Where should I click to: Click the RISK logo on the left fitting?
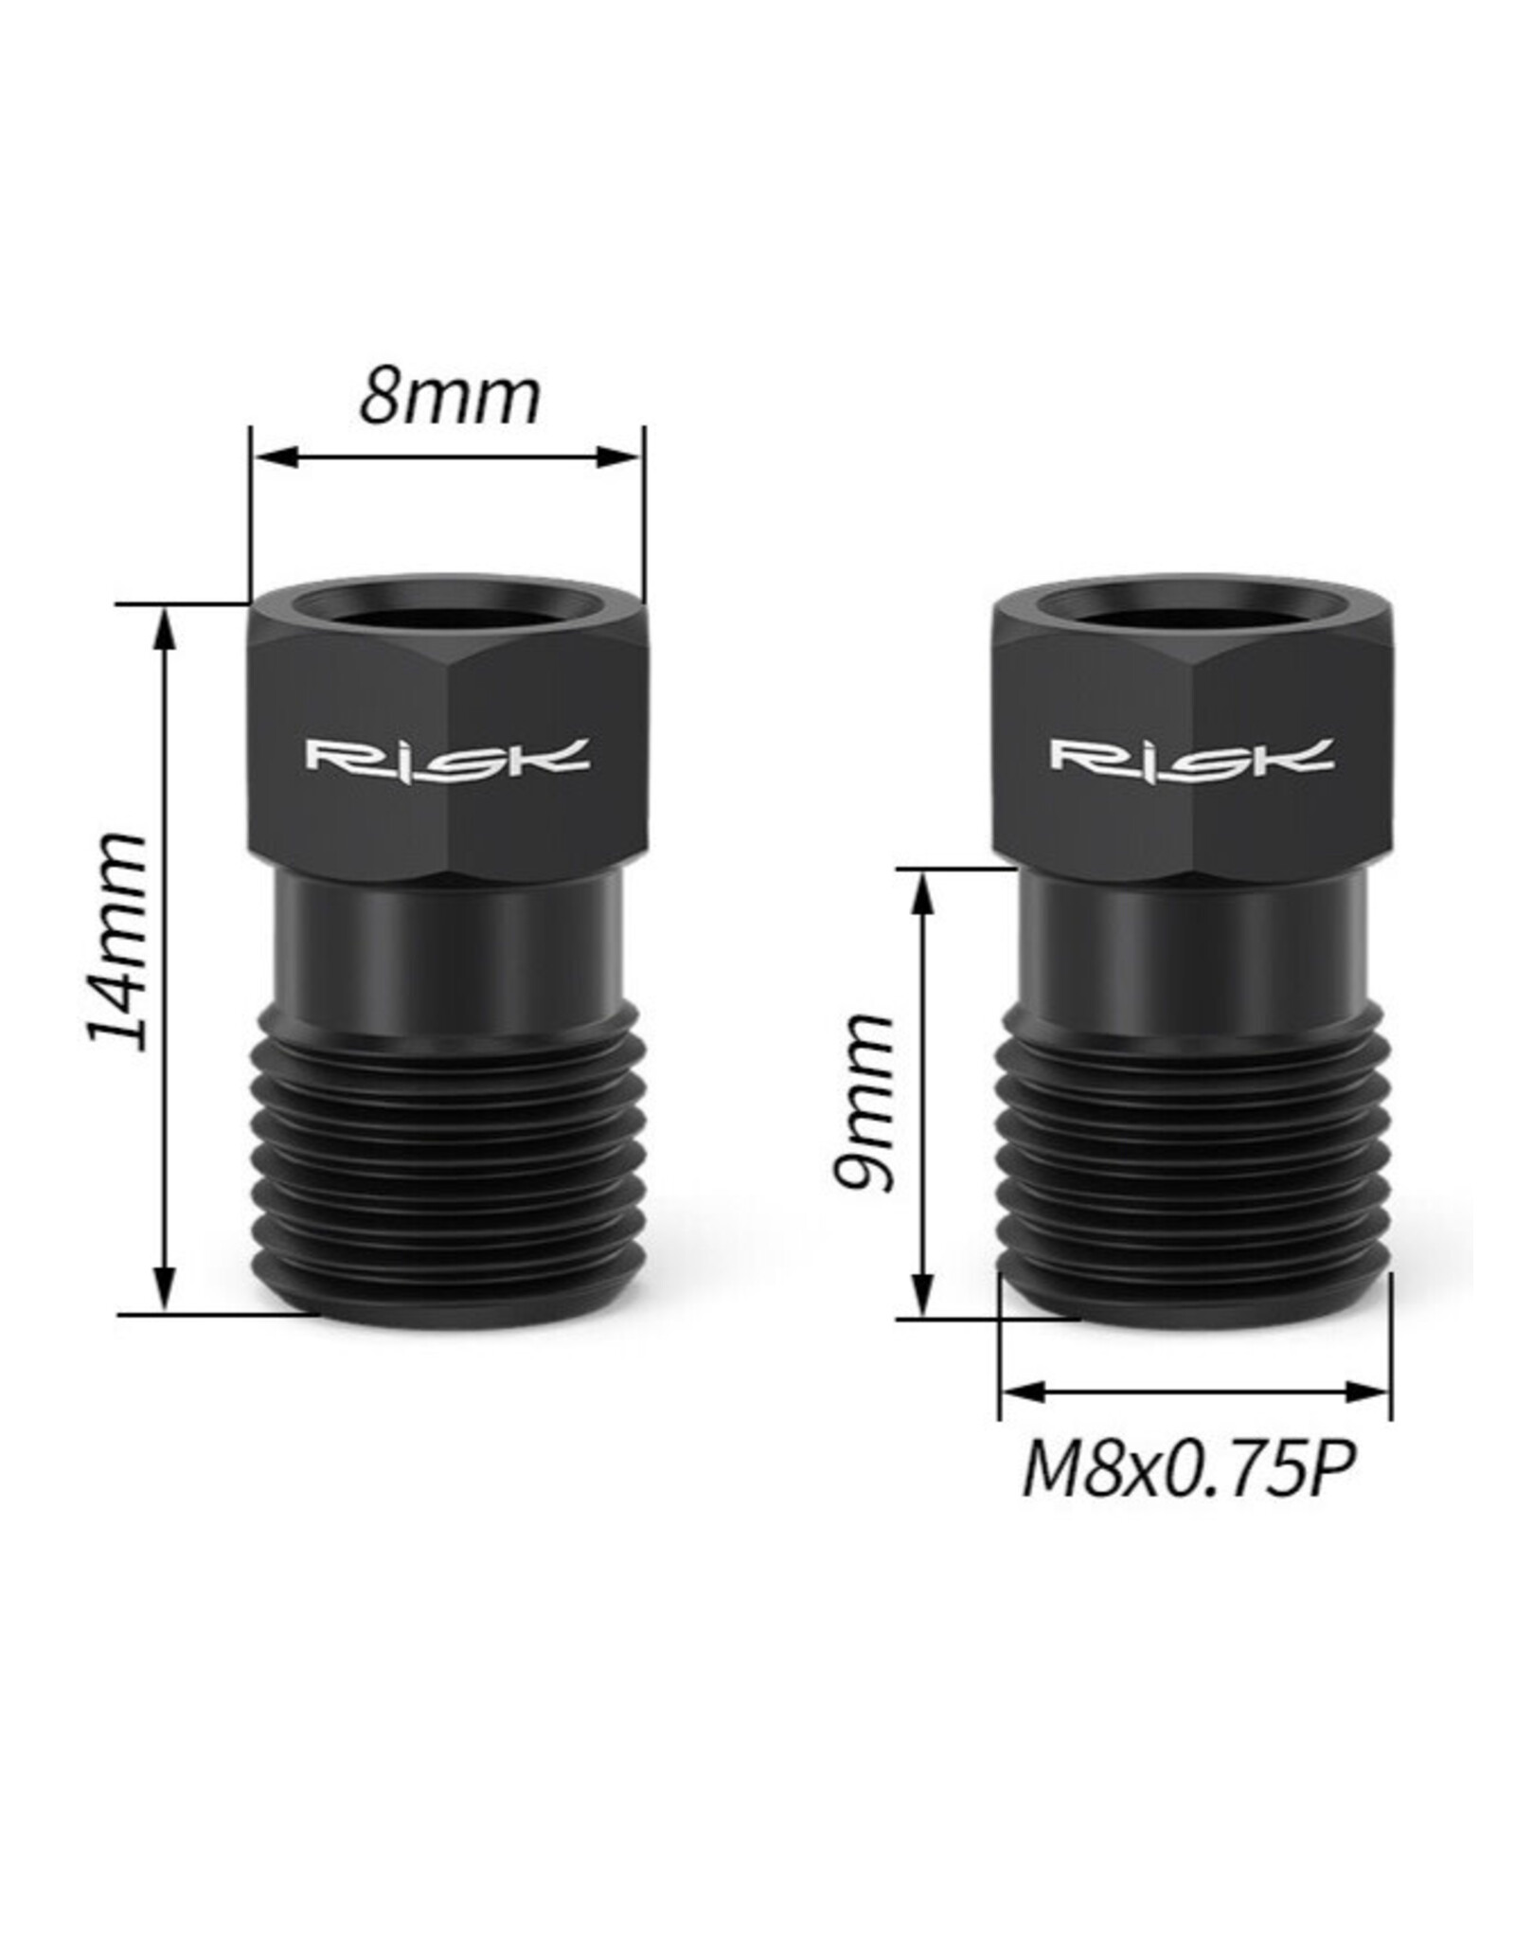pos(447,755)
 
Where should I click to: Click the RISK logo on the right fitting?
pos(1192,755)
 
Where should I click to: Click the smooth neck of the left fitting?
pos(447,947)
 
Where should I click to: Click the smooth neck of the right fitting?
pos(1192,947)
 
